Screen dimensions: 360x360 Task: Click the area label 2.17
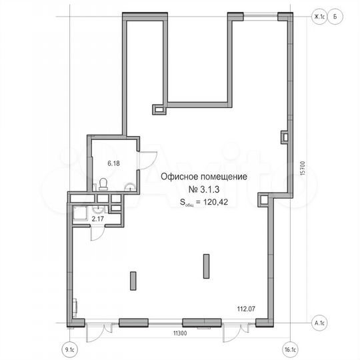98,219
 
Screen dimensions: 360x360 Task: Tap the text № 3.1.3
204,189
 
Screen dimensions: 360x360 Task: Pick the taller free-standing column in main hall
205,266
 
